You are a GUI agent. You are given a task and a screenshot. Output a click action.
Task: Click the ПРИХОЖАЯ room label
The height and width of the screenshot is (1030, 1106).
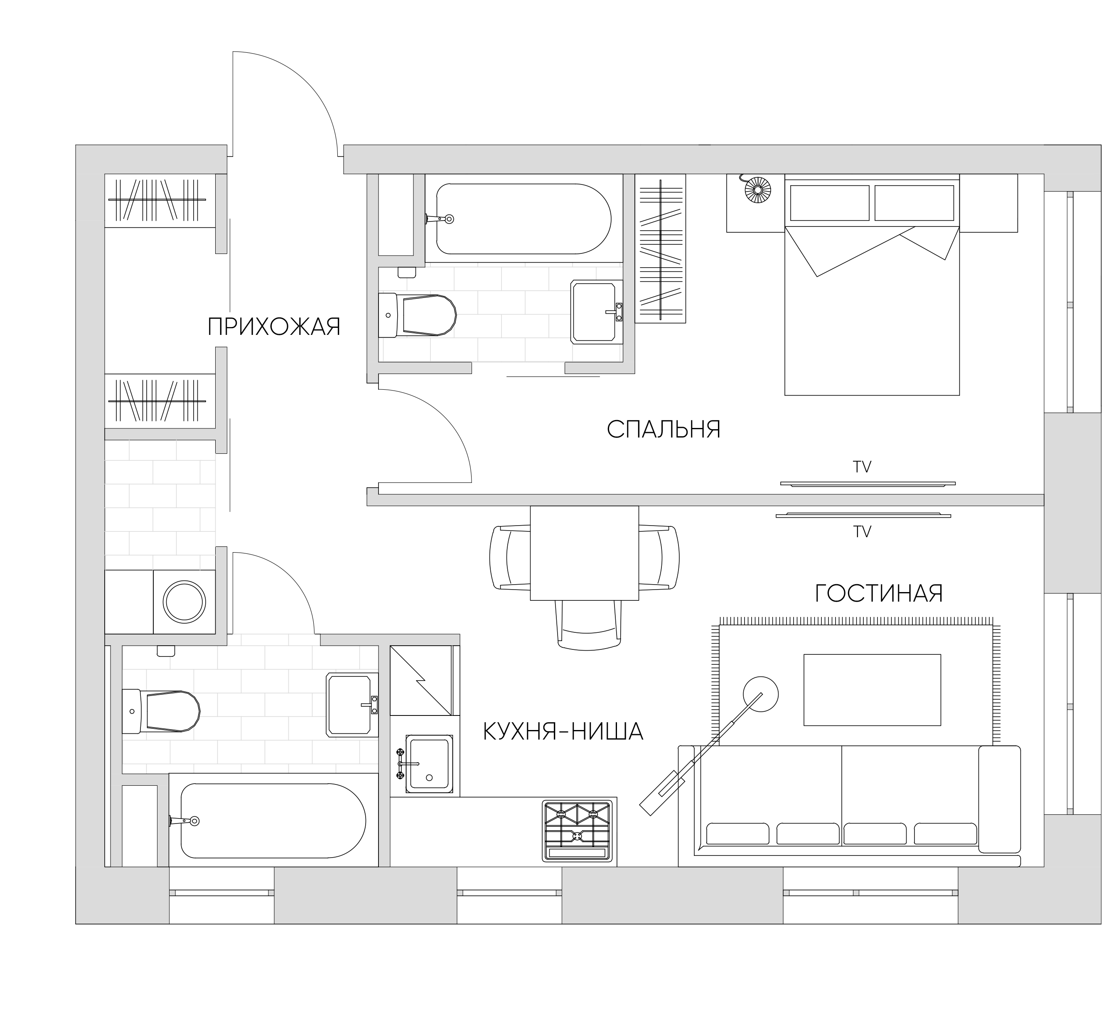click(274, 327)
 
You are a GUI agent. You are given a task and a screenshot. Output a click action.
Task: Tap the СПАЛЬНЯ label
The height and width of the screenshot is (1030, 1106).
click(664, 429)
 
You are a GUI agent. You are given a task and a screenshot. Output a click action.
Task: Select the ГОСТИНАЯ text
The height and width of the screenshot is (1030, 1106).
click(879, 593)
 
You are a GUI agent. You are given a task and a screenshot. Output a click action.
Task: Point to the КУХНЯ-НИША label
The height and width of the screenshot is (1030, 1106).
click(563, 731)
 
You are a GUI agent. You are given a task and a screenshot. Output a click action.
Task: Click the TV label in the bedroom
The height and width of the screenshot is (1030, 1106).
click(863, 467)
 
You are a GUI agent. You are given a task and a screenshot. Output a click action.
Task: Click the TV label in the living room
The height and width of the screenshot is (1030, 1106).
click(863, 532)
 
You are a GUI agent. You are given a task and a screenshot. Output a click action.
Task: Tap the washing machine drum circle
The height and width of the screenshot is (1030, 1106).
click(184, 602)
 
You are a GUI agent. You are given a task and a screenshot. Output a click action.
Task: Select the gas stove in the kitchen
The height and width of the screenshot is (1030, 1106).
click(578, 831)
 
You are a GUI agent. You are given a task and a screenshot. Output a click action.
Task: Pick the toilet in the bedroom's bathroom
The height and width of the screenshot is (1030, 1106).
click(417, 315)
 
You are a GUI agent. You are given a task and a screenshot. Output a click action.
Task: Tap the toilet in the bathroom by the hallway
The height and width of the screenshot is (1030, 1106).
click(161, 711)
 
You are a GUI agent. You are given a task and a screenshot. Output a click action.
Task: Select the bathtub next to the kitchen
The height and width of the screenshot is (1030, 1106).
click(273, 821)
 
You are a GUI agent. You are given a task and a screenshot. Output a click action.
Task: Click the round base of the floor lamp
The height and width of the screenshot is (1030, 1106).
click(761, 694)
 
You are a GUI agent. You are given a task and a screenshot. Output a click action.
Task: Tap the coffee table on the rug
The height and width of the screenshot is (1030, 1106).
click(872, 690)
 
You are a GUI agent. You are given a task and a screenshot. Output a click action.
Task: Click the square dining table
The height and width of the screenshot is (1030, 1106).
click(584, 553)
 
